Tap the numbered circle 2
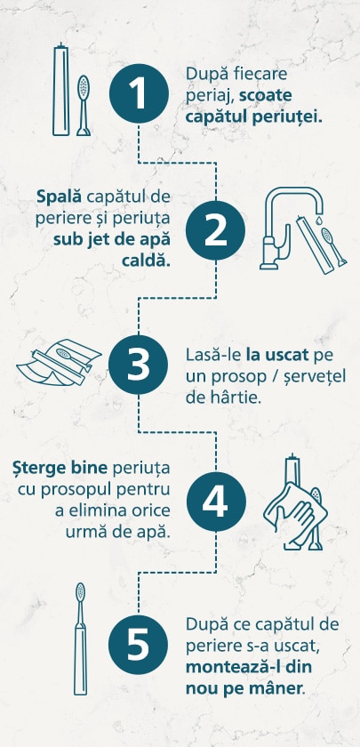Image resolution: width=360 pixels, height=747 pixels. click(215, 230)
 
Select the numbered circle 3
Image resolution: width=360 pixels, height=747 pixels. click(138, 365)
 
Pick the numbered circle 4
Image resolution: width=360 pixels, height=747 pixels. click(216, 502)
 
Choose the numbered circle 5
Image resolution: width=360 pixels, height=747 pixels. click(138, 644)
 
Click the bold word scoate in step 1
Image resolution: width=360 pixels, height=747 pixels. click(266, 95)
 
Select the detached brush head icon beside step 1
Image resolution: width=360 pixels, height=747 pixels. click(84, 106)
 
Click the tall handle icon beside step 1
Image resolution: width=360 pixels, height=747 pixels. click(60, 90)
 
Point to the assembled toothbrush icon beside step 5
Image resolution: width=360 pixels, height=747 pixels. click(80, 639)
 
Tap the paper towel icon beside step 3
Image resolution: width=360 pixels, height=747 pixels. click(59, 362)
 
